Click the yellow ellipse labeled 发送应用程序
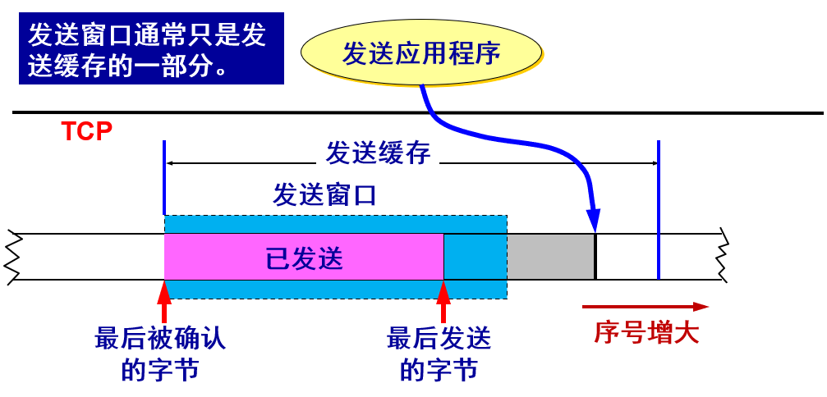pyautogui.click(x=421, y=52)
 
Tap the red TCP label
pyautogui.click(x=86, y=131)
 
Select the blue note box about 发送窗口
pyautogui.click(x=151, y=48)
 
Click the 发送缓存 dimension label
pyautogui.click(x=378, y=153)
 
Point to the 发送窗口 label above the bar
pyautogui.click(x=324, y=195)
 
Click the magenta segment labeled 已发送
pyautogui.click(x=304, y=257)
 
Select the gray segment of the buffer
pyautogui.click(x=550, y=257)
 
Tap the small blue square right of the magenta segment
pyautogui.click(x=475, y=257)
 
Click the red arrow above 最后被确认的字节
pyautogui.click(x=165, y=301)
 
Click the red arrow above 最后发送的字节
pyautogui.click(x=444, y=301)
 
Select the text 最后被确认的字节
pyautogui.click(x=160, y=354)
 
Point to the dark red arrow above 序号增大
pyautogui.click(x=645, y=307)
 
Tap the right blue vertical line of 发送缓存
pyautogui.click(x=659, y=209)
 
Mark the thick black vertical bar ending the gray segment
pyautogui.click(x=595, y=257)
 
